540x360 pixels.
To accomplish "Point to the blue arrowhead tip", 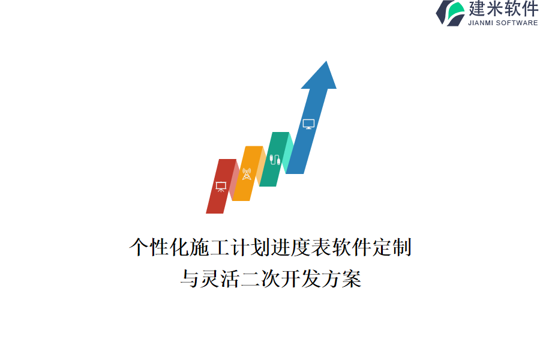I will click(x=325, y=63).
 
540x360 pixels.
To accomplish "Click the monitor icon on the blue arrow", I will click(x=308, y=124).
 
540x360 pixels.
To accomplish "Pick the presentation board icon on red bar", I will click(x=221, y=187).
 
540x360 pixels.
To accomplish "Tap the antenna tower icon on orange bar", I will click(x=247, y=174).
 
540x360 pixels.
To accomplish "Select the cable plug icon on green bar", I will click(x=275, y=160).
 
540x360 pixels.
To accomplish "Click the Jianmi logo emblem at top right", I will click(x=449, y=13).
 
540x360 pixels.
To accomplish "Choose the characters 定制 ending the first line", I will click(x=391, y=247).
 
